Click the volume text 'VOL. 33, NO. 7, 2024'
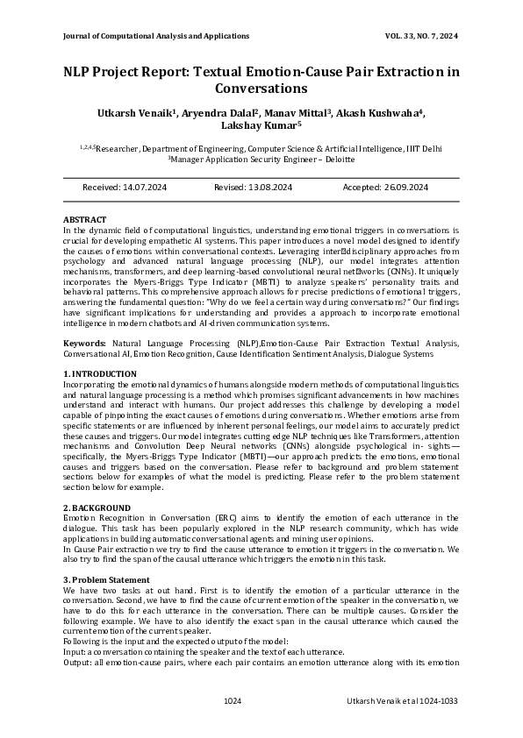pyautogui.click(x=421, y=36)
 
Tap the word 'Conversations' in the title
pyautogui.click(x=261, y=89)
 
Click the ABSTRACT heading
pyautogui.click(x=85, y=219)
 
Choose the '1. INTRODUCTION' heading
pyautogui.click(x=100, y=374)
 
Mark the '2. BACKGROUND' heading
pyautogui.click(x=97, y=508)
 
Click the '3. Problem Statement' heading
pyautogui.click(x=106, y=580)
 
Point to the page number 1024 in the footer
pyautogui.click(x=232, y=701)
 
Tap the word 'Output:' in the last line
pyautogui.click(x=78, y=663)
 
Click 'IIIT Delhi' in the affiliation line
pyautogui.click(x=424, y=149)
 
